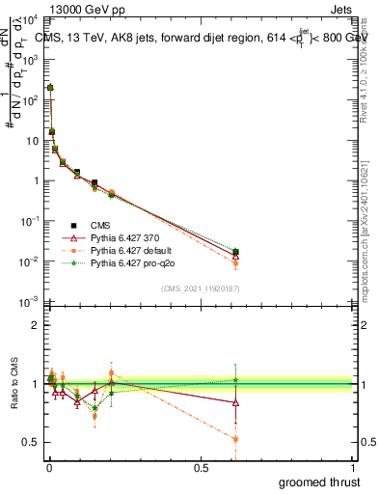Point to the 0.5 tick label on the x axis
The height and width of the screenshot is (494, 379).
coord(201,466)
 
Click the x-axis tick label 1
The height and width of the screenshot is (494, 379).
coord(354,466)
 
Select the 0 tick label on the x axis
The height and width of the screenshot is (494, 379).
coord(48,466)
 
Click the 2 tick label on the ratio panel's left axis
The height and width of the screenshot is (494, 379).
coord(35,325)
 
